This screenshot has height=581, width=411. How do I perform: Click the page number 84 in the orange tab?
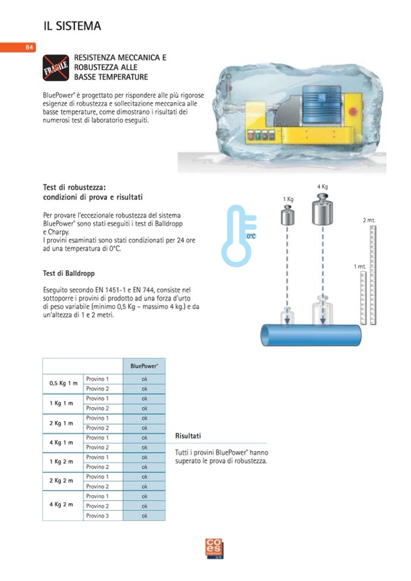(x=29, y=47)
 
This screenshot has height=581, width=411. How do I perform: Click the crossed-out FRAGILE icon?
(x=56, y=68)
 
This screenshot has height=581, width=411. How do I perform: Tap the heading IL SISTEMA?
(x=72, y=26)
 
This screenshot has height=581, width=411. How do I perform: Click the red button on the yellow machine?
(x=352, y=111)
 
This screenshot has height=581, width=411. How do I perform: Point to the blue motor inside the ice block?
(x=322, y=104)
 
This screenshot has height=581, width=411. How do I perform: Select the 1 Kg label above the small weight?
(x=288, y=199)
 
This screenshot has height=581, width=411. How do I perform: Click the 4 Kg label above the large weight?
(x=322, y=187)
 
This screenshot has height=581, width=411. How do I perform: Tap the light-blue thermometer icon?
(x=238, y=236)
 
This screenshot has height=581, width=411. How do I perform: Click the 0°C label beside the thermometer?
(x=252, y=236)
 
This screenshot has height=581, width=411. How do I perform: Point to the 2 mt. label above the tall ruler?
(x=369, y=220)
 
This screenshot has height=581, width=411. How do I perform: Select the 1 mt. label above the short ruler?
(x=359, y=267)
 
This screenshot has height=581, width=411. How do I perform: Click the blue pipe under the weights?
(x=311, y=336)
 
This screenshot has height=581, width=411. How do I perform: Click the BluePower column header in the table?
(x=144, y=366)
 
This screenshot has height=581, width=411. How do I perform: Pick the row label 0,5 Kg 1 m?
(x=64, y=383)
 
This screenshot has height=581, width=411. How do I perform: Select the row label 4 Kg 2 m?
(x=61, y=505)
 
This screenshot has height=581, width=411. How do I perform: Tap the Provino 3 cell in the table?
(x=98, y=516)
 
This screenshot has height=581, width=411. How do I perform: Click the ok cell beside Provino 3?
(x=144, y=516)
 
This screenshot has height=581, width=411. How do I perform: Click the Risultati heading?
(x=188, y=436)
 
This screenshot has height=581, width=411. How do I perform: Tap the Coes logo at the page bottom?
(x=215, y=549)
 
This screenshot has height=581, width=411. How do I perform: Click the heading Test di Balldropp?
(x=69, y=273)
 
